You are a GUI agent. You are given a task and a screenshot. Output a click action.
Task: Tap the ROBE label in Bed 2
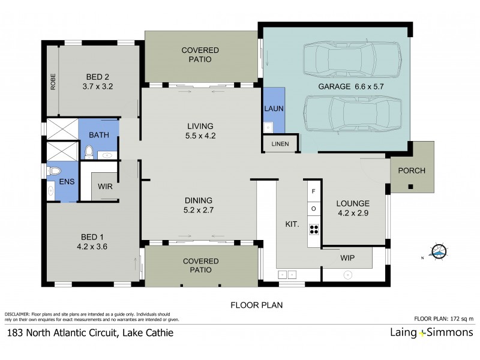click(x=53, y=81)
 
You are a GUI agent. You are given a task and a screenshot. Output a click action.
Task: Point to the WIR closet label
click(x=106, y=187)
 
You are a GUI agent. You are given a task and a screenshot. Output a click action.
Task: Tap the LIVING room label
click(x=200, y=126)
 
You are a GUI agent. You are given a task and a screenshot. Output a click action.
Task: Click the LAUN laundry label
click(x=274, y=109)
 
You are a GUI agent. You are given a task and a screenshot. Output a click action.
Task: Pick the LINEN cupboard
click(x=280, y=144)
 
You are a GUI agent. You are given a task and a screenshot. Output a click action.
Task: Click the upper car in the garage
click(x=352, y=59)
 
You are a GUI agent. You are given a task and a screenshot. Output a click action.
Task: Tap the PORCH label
click(x=412, y=170)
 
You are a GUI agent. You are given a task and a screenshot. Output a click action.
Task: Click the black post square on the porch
click(x=411, y=187)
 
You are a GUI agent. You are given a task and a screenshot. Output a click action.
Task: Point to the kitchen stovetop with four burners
click(x=313, y=228)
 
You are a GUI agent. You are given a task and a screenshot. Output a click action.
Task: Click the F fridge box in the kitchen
click(x=313, y=191)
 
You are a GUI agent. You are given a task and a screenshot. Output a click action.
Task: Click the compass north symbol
click(x=439, y=252)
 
